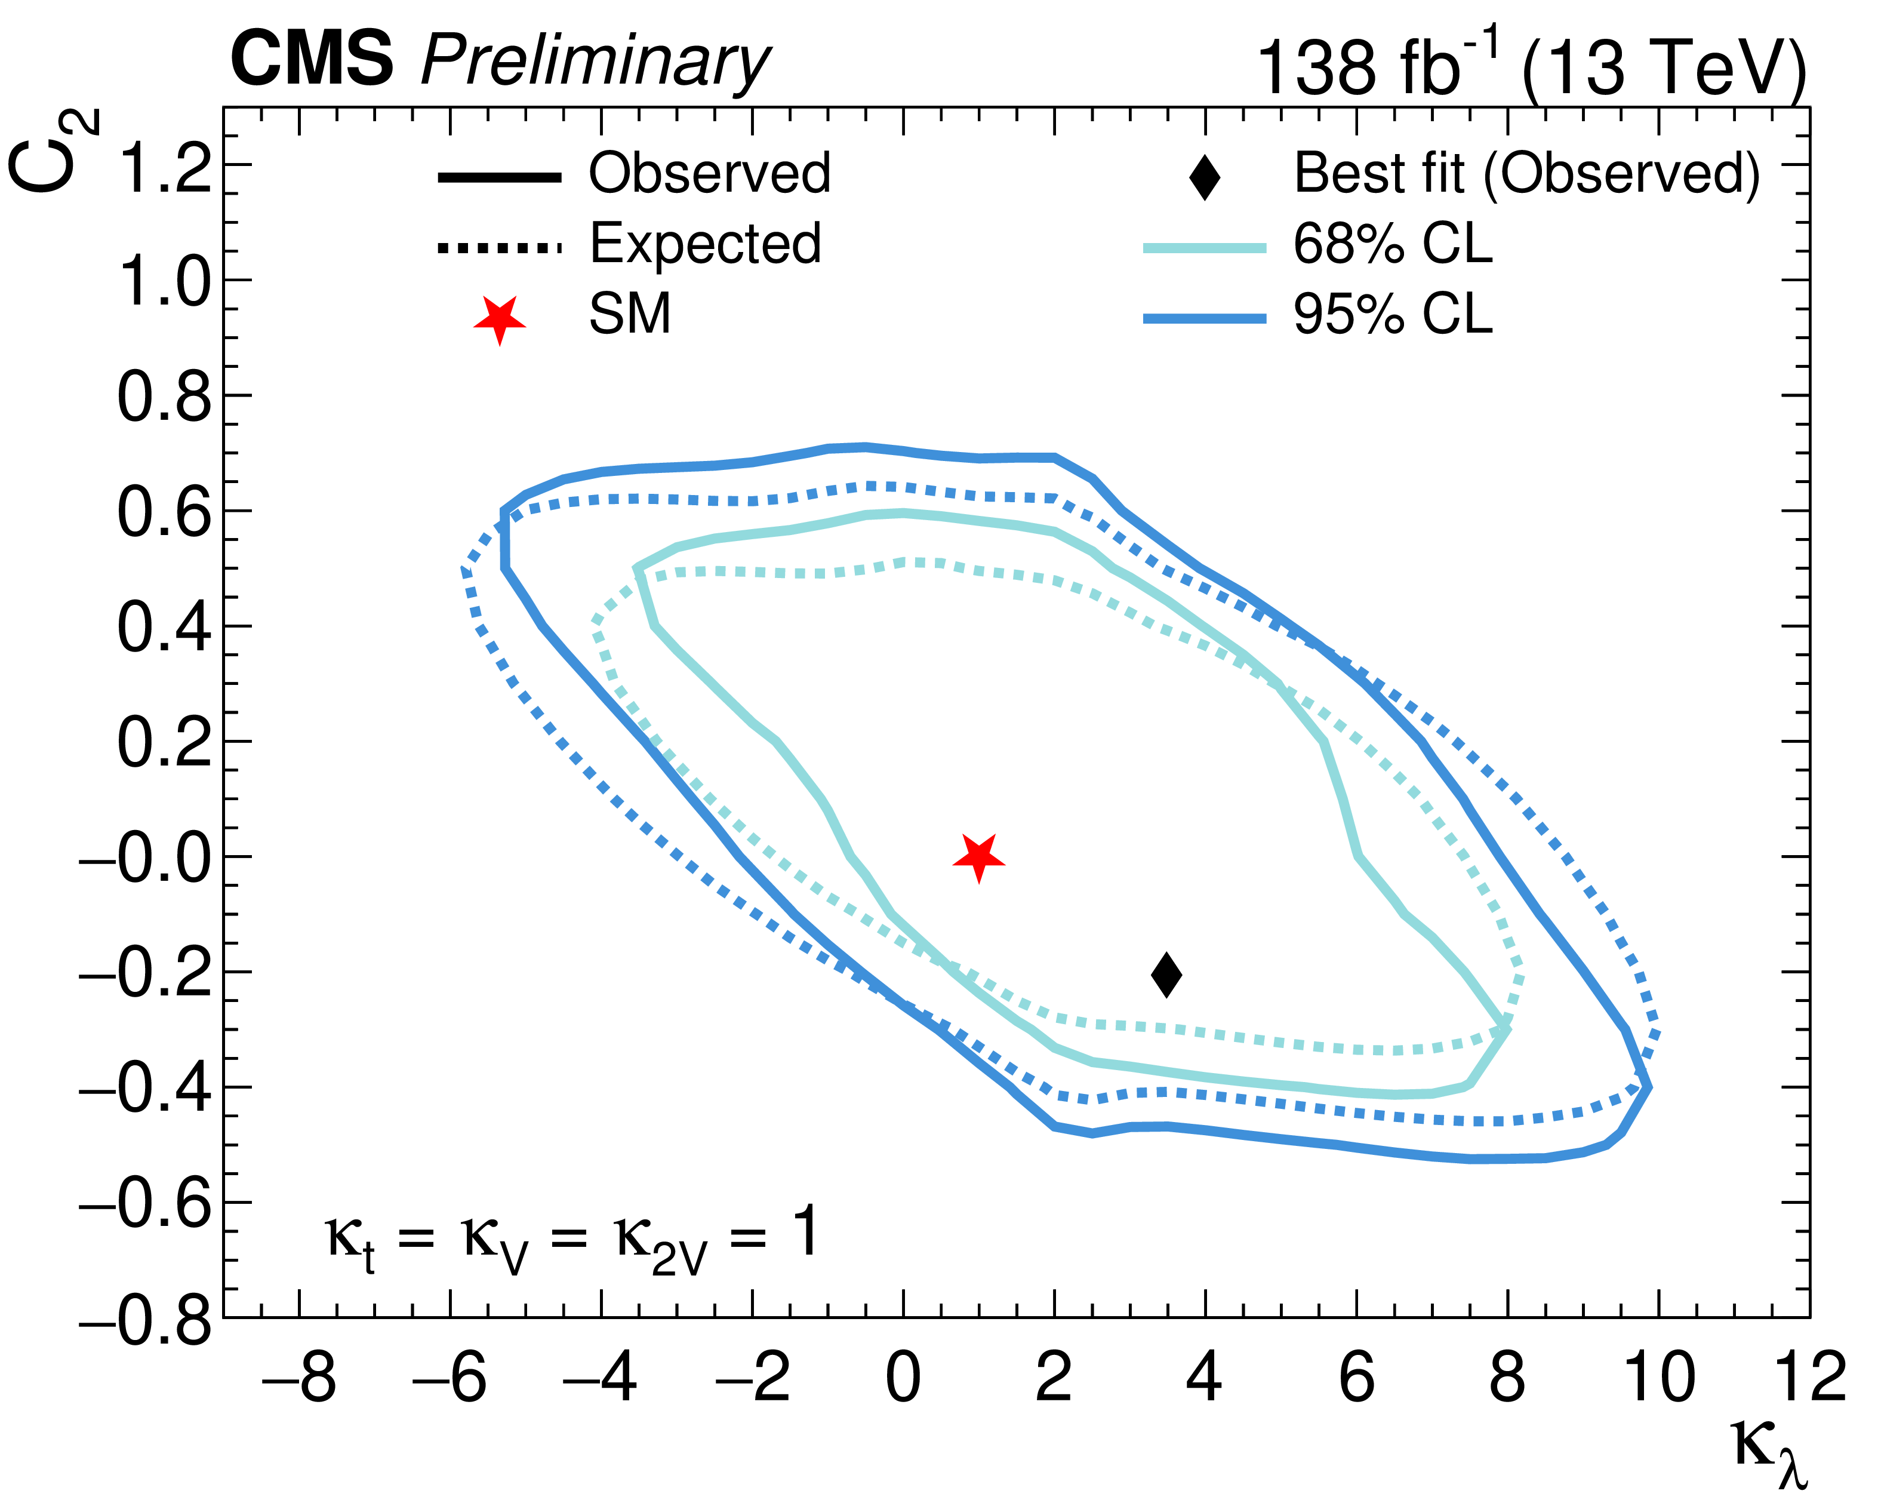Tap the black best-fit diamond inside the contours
click(x=1166, y=974)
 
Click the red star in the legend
click(x=500, y=319)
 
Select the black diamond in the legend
click(x=1205, y=177)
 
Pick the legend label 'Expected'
click(x=705, y=244)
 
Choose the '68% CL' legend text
click(x=1393, y=244)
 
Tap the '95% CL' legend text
click(x=1393, y=314)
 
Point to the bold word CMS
click(x=312, y=59)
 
